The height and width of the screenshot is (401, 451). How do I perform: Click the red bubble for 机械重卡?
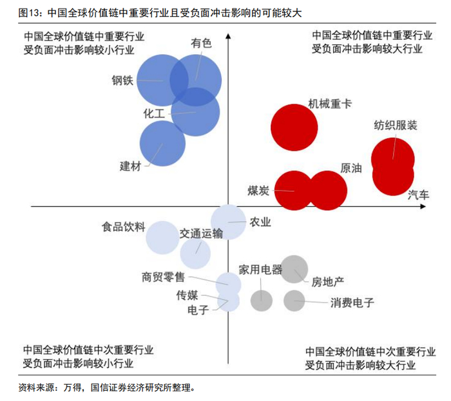coord(293,127)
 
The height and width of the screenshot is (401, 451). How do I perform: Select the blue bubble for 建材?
coord(162,143)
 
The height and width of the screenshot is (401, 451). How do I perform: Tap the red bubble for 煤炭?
coord(294,190)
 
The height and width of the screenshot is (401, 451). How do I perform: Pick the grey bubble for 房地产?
coord(294,269)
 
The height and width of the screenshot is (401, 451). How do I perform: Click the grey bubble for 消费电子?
coord(294,299)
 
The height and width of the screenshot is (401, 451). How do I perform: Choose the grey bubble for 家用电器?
coord(262,298)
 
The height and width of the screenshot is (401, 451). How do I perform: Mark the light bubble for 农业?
coord(229,222)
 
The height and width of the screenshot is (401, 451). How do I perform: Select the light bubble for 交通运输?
coord(195,253)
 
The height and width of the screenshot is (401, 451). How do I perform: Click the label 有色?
coord(201,43)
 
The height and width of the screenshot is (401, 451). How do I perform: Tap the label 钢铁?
coord(122,81)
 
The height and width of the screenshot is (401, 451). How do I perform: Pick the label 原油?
coord(350,169)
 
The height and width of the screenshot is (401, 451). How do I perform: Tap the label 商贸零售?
coord(163,277)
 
